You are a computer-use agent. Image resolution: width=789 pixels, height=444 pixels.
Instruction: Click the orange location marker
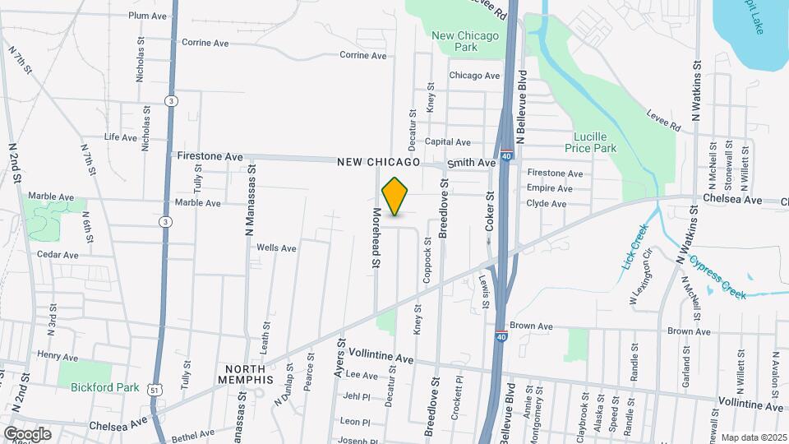[x=395, y=197]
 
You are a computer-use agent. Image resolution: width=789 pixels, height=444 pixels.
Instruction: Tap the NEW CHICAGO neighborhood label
[x=378, y=163]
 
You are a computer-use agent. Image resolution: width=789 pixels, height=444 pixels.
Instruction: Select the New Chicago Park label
[x=465, y=41]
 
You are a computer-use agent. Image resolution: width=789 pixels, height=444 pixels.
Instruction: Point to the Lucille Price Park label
[x=590, y=142]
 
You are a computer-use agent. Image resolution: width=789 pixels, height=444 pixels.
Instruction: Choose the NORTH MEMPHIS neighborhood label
[x=246, y=373]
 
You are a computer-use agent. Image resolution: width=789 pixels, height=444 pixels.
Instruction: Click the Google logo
[x=27, y=433]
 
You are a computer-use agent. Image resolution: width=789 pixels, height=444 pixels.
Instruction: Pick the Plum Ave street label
[x=148, y=16]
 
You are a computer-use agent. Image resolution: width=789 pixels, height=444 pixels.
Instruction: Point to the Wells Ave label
[x=276, y=247]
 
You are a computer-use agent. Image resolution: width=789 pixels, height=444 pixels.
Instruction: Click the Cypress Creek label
[x=717, y=277]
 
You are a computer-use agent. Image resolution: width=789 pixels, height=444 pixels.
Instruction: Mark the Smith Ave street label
[x=471, y=163]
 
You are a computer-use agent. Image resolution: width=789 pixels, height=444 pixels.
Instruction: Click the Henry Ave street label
[x=58, y=357]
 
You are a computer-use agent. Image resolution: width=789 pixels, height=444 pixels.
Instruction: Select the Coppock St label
[x=427, y=261]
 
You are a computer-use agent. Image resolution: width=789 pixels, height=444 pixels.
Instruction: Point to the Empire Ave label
[x=548, y=187]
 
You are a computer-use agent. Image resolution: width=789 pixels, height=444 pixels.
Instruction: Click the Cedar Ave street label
[x=58, y=255]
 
